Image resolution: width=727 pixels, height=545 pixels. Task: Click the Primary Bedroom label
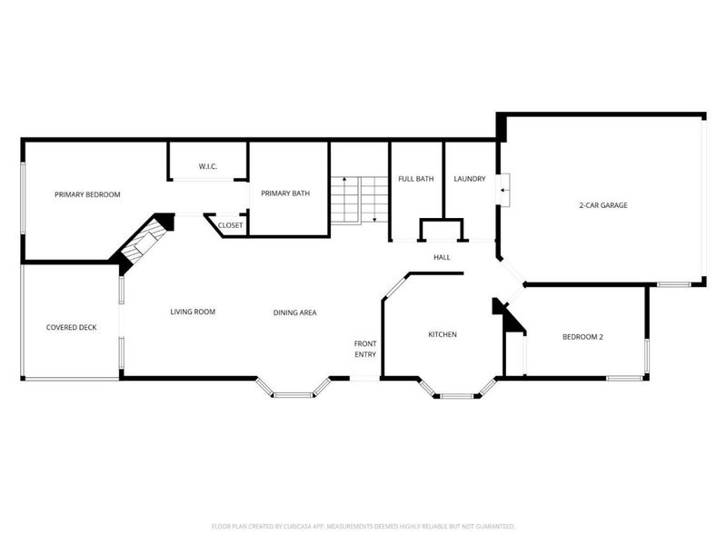pyautogui.click(x=87, y=194)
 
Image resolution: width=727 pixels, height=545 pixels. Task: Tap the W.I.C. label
pyautogui.click(x=208, y=166)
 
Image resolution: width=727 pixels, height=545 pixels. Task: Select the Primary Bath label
pyautogui.click(x=285, y=193)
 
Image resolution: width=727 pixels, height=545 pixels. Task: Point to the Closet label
pyautogui.click(x=231, y=225)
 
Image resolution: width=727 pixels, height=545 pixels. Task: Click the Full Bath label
pyautogui.click(x=416, y=178)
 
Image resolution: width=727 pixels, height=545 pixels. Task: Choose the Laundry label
pyautogui.click(x=470, y=178)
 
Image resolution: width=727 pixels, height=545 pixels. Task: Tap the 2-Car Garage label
pyautogui.click(x=603, y=205)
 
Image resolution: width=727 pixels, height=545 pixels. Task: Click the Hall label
pyautogui.click(x=442, y=257)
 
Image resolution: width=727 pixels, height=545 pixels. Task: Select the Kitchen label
pyautogui.click(x=443, y=334)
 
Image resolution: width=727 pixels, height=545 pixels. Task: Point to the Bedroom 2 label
pyautogui.click(x=583, y=337)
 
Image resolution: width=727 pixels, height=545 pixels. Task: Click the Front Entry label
pyautogui.click(x=365, y=349)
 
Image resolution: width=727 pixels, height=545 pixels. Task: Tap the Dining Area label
pyautogui.click(x=294, y=312)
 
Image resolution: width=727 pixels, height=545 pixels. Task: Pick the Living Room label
pyautogui.click(x=193, y=312)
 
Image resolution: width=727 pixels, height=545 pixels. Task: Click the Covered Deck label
pyautogui.click(x=72, y=327)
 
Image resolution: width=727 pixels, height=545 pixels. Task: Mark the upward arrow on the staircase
pyautogui.click(x=344, y=199)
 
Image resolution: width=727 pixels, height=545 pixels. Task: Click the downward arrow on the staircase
pyautogui.click(x=374, y=199)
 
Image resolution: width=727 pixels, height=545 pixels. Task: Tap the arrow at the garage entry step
pyautogui.click(x=504, y=190)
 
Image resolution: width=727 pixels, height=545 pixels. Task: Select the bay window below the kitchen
pyautogui.click(x=457, y=390)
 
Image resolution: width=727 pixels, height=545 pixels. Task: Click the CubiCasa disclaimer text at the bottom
pyautogui.click(x=363, y=527)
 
